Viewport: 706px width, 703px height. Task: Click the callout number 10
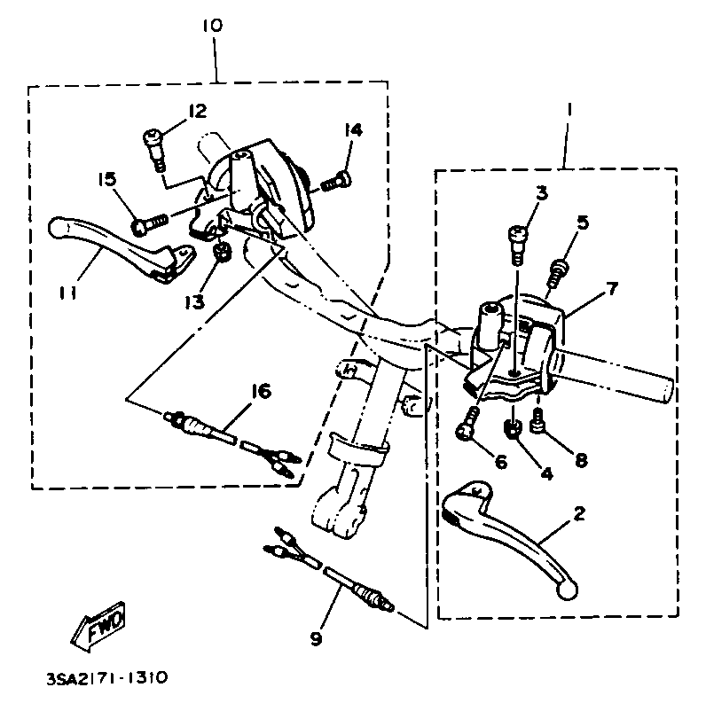[212, 24]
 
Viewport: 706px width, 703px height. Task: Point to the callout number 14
[354, 130]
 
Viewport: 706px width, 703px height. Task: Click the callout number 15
[106, 180]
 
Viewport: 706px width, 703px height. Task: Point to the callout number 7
[612, 290]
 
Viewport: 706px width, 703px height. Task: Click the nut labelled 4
[512, 428]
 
